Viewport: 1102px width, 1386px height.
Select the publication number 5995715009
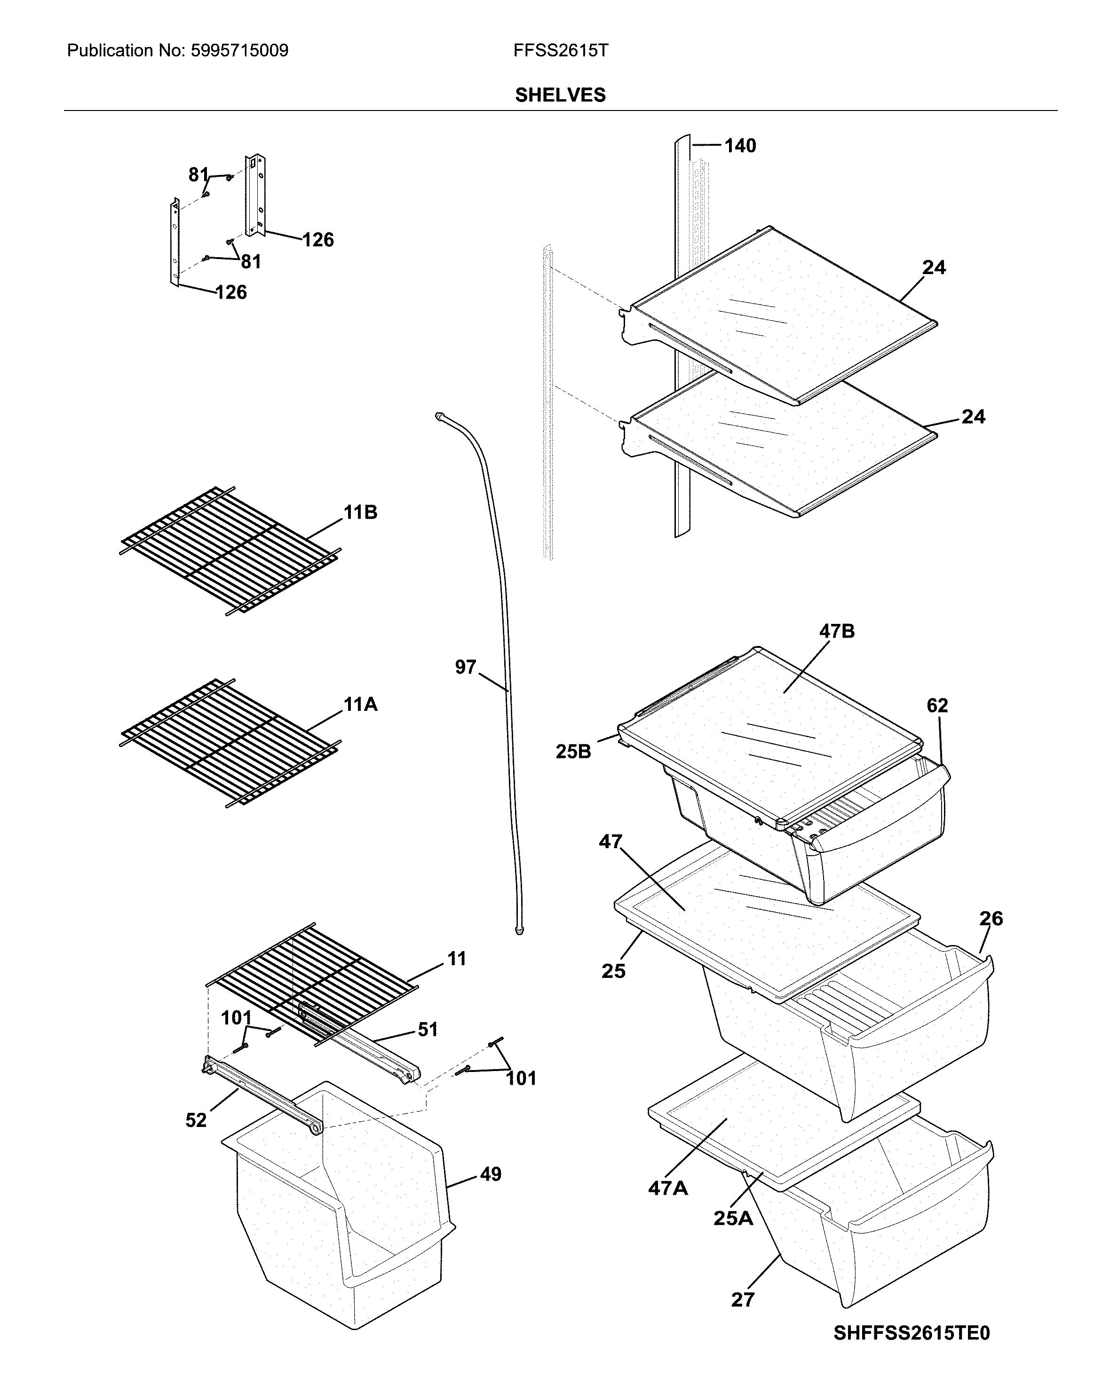pos(239,51)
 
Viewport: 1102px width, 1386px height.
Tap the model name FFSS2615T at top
pos(560,51)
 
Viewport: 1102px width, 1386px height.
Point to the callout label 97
pos(466,667)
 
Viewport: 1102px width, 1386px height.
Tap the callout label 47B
pos(836,631)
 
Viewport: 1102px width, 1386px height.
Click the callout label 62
pos(937,706)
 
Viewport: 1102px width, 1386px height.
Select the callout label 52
pos(196,1120)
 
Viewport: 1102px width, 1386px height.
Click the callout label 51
pos(428,1029)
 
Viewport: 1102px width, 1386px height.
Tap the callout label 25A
pos(732,1218)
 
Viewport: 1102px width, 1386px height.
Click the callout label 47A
pos(667,1189)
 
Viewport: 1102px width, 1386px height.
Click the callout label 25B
pos(573,751)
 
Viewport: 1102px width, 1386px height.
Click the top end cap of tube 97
pos(438,416)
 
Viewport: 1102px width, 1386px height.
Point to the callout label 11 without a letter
pos(457,959)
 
